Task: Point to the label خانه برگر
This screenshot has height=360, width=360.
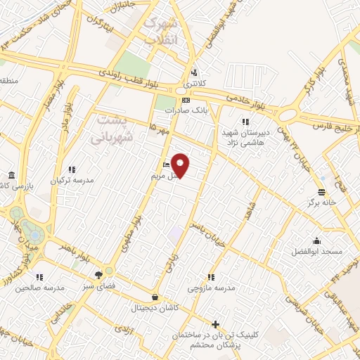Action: [x=322, y=202]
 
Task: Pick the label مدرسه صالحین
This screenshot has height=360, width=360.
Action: [x=41, y=288]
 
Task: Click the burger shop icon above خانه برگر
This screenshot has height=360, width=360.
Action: [x=322, y=192]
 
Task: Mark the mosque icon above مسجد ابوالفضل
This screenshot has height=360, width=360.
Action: [x=318, y=240]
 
